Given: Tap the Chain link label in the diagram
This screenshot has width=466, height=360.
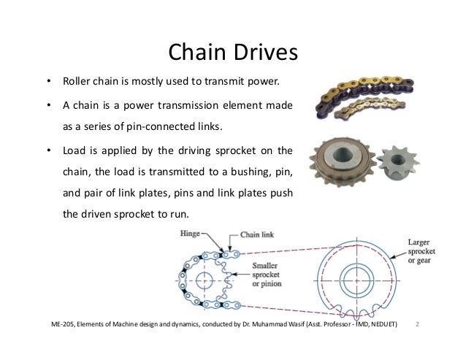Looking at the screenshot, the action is [x=257, y=234].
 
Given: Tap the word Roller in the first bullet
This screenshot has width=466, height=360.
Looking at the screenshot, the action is [x=76, y=80].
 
